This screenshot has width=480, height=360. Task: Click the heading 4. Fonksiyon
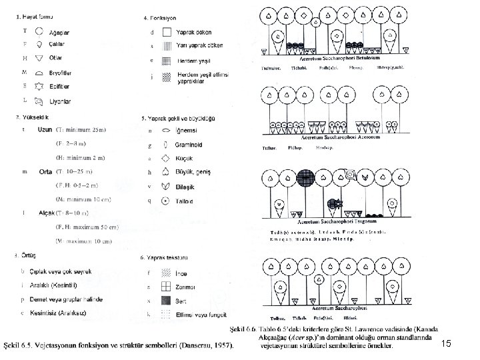[x=161, y=17]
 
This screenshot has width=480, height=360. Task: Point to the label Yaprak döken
[x=195, y=31]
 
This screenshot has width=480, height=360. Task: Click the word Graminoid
[x=189, y=145]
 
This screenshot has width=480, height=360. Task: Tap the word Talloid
[x=184, y=201]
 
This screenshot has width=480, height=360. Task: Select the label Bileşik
[x=185, y=187]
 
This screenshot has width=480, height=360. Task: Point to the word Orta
[x=45, y=172]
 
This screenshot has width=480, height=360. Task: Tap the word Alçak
[x=46, y=213]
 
